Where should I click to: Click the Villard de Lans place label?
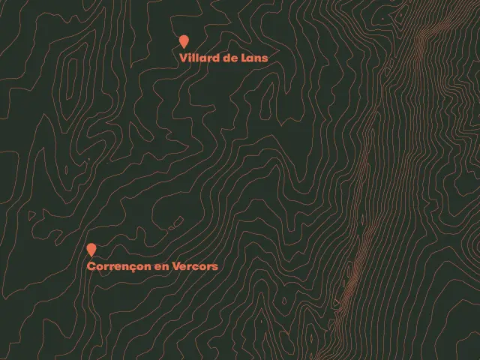[223, 58]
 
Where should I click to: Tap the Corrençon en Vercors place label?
[152, 266]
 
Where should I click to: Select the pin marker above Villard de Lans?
[184, 42]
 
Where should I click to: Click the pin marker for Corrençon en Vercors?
[91, 249]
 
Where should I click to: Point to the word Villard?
[199, 58]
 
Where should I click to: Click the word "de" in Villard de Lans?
[230, 58]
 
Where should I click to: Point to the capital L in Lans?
[245, 58]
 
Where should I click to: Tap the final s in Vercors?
[215, 266]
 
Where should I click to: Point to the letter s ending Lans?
[265, 58]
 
